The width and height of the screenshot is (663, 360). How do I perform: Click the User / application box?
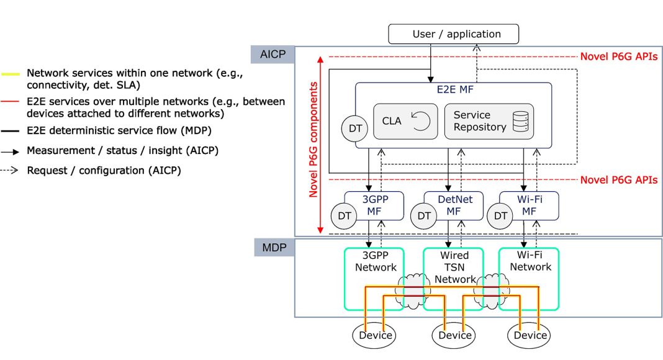453,34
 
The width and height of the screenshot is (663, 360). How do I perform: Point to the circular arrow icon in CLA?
421,122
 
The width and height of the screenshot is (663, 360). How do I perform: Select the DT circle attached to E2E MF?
354,128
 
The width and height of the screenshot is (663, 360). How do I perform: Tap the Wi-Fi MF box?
530,205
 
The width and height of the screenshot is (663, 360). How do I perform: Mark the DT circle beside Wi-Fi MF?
500,216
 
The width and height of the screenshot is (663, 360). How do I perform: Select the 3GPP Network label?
376,261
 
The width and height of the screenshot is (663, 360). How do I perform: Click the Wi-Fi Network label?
530,261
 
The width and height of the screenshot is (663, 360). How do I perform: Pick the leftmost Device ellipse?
376,336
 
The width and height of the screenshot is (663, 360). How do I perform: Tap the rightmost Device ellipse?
531,336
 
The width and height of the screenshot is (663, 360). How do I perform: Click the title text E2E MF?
453,89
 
